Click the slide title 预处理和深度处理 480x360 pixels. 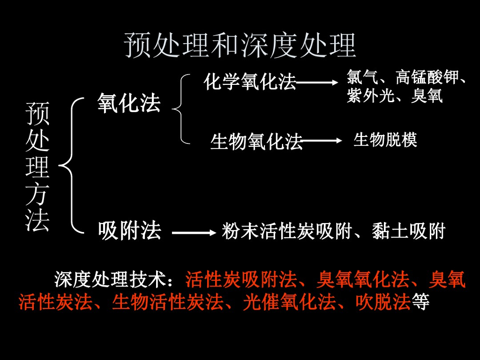240,45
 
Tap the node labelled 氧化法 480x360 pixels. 129,103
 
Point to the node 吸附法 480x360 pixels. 129,231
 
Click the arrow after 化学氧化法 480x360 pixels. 317,82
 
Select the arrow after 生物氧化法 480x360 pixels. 322,141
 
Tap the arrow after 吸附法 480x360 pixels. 193,232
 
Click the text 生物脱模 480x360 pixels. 385,140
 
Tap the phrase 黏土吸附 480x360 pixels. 408,231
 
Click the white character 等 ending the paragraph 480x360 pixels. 420,302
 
